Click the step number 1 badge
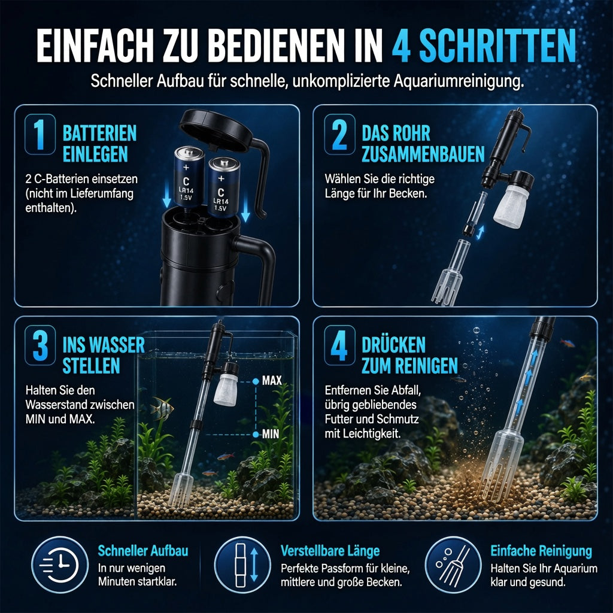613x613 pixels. [40, 134]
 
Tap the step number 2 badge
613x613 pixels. [339, 134]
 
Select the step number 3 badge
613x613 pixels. [40, 345]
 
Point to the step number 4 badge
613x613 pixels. [339, 345]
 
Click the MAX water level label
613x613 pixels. [272, 380]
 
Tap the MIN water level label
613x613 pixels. [271, 433]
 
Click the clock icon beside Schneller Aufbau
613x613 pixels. [60, 565]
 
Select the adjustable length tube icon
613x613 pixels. [242, 565]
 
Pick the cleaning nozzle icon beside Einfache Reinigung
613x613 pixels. [453, 565]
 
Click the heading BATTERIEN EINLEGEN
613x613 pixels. [99, 144]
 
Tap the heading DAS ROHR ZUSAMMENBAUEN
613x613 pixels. [423, 144]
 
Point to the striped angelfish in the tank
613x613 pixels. [162, 408]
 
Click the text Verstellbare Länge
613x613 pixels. [330, 551]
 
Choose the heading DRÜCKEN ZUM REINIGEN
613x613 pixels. [409, 355]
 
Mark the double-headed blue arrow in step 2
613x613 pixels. [480, 232]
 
